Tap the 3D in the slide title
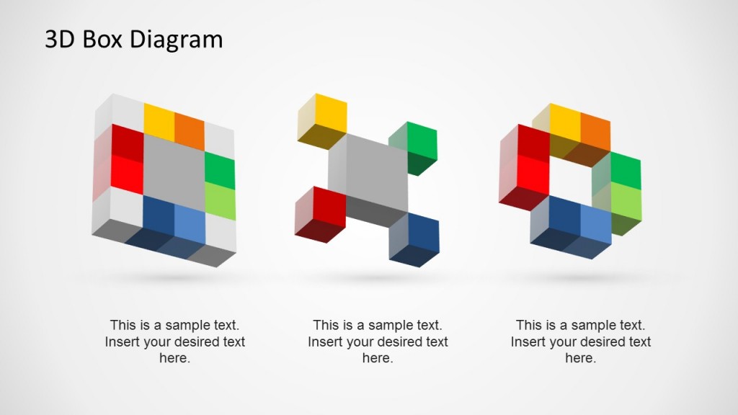click(x=59, y=39)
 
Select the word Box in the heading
click(x=102, y=39)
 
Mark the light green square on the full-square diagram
click(x=220, y=201)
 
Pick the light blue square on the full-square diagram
click(x=190, y=224)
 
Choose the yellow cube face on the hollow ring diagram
click(x=565, y=122)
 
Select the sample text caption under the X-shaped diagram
click(x=378, y=342)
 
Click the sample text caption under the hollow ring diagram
click(x=581, y=342)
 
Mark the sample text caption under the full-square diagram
click(x=174, y=342)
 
